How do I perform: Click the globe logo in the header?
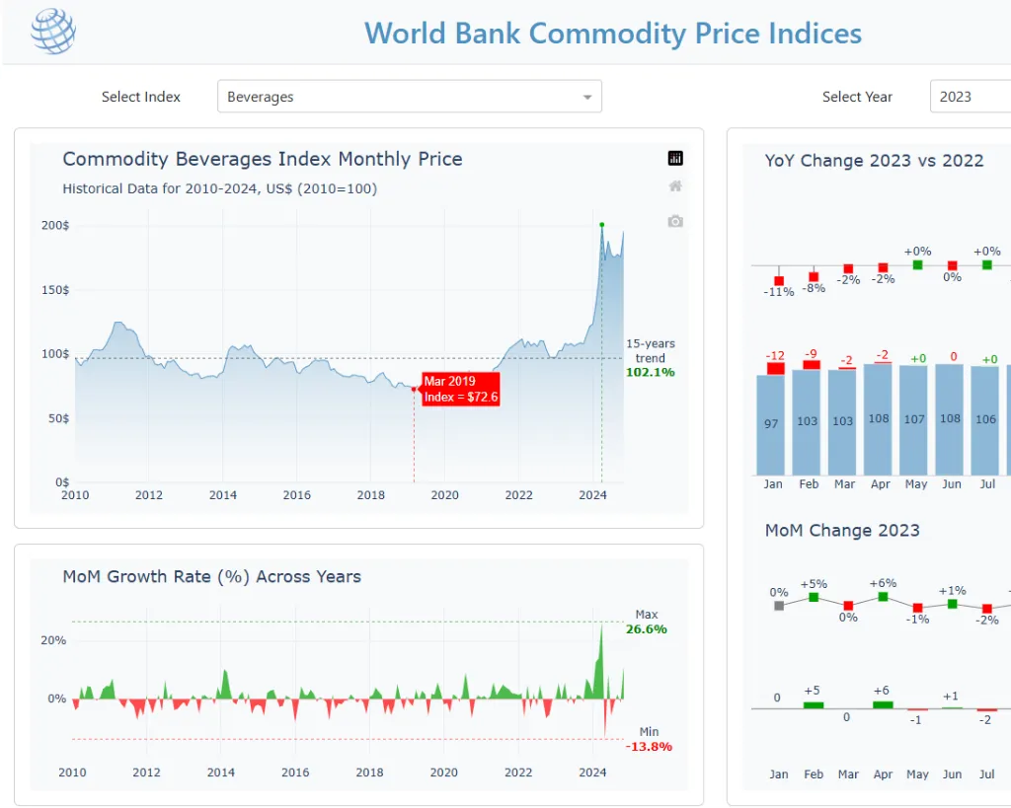coord(52,32)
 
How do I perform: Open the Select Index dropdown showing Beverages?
coord(409,97)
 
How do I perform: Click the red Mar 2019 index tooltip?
coord(461,389)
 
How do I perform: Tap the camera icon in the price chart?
coord(675,221)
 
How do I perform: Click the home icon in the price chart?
coord(675,186)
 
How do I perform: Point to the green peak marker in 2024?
coord(602,225)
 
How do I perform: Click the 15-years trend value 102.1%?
coord(650,372)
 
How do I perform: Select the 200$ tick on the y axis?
coord(55,226)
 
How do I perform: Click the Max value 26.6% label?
coord(647,628)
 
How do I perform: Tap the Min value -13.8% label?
coord(649,746)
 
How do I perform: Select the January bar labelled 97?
coord(771,424)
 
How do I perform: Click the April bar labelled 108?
coord(878,419)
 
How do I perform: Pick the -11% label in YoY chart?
coord(779,292)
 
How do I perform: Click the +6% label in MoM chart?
coord(883,583)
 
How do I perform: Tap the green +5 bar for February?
coord(814,704)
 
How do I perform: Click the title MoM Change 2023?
coord(842,531)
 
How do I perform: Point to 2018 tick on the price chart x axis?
coord(371,495)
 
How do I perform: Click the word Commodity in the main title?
coord(579,34)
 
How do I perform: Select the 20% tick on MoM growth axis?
coord(53,640)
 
